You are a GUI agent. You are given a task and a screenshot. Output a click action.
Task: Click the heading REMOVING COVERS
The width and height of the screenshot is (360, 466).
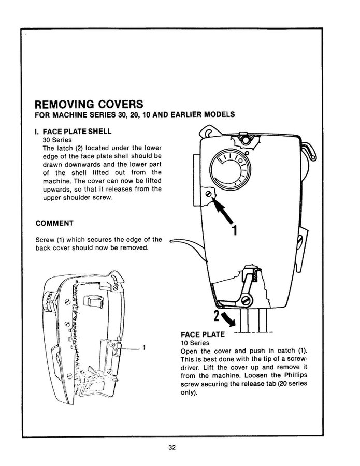point(89,105)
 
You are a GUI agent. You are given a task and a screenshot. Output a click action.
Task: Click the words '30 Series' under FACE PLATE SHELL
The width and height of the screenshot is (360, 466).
point(56,140)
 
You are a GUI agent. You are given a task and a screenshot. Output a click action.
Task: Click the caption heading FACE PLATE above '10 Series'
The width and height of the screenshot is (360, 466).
point(203,334)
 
